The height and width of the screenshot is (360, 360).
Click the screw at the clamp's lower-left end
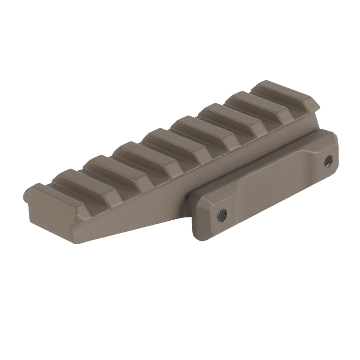click(222, 215)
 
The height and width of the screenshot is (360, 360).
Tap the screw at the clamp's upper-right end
click(328, 161)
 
